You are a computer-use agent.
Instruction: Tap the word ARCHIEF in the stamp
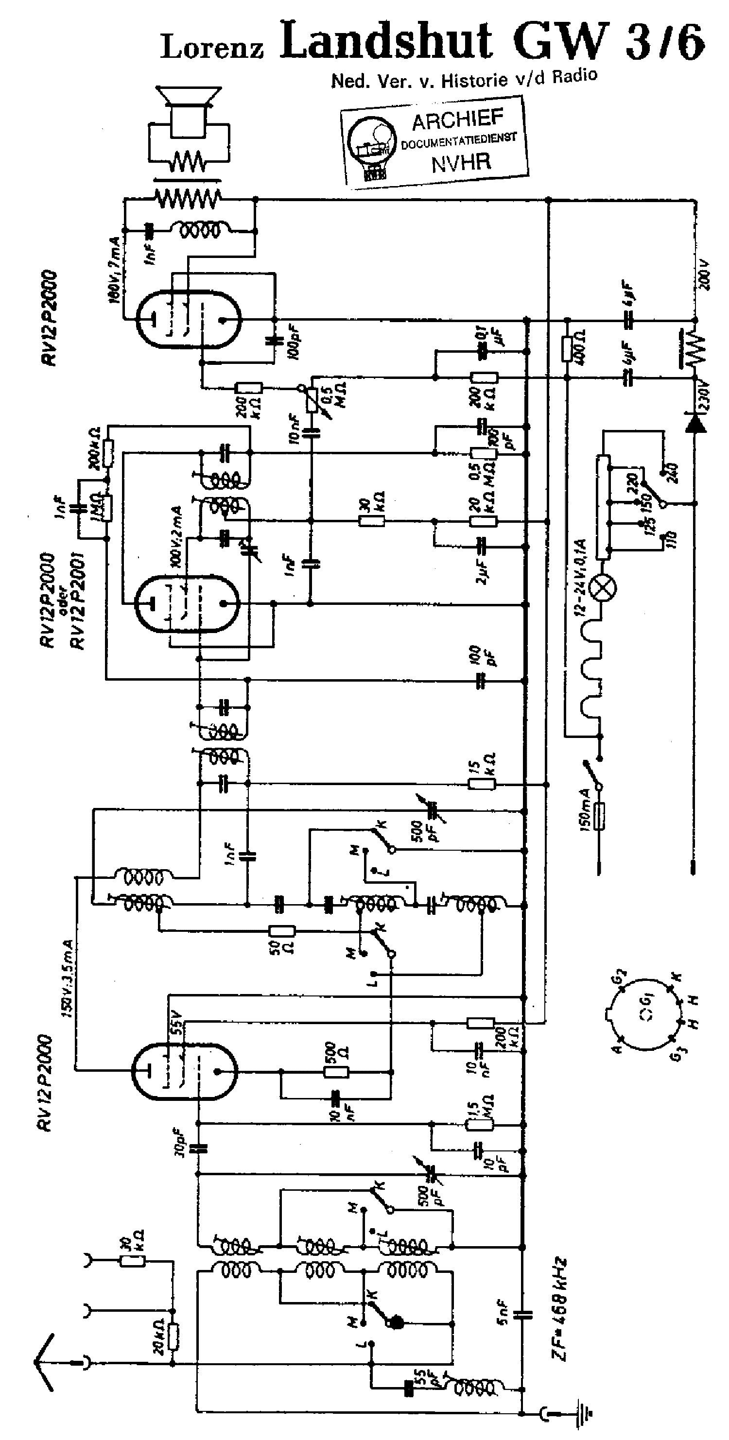coord(457,120)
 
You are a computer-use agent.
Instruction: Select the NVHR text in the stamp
coord(461,163)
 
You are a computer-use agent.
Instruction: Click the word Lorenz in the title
coord(212,47)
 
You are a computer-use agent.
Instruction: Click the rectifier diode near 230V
coord(695,423)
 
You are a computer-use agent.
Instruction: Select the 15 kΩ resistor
coord(481,784)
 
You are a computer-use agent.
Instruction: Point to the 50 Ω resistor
coord(282,931)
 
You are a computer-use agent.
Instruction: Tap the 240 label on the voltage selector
coord(672,471)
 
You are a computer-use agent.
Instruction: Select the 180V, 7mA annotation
coord(114,271)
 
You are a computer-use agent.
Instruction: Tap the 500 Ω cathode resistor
coord(336,1072)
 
